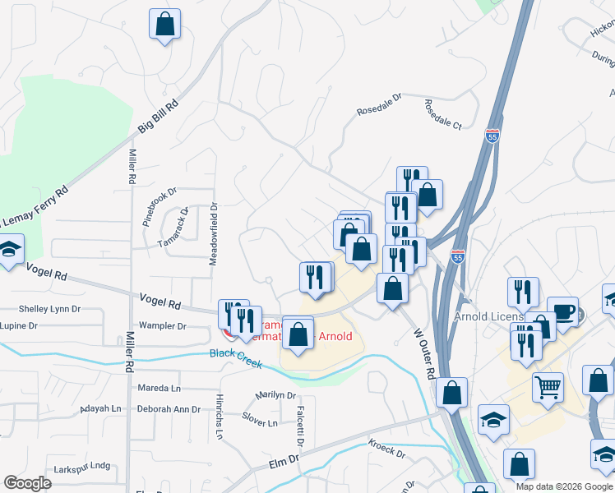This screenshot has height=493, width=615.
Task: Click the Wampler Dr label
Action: [163, 326]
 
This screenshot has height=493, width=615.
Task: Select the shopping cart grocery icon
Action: [548, 385]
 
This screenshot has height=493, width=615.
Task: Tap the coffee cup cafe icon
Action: [562, 311]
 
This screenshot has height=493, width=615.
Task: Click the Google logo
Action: [27, 483]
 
